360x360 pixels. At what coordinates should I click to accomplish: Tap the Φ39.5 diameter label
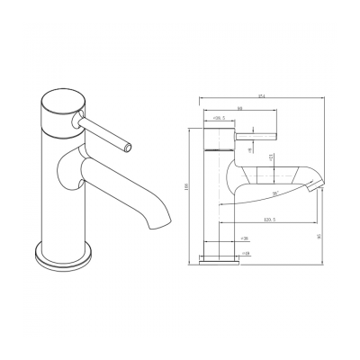pos(219,119)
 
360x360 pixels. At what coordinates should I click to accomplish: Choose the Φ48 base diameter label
pos(245,254)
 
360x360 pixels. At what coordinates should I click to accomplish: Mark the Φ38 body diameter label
pos(245,239)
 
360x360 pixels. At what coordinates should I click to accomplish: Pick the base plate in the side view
pos(220,260)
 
